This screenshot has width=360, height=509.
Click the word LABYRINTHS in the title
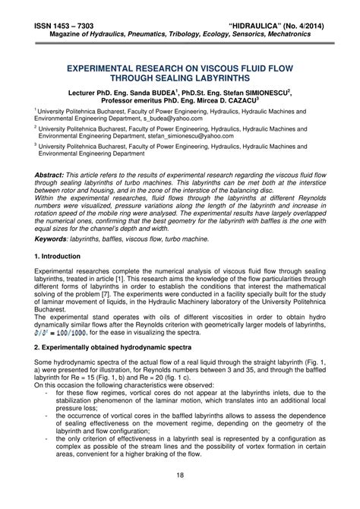point(231,77)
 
